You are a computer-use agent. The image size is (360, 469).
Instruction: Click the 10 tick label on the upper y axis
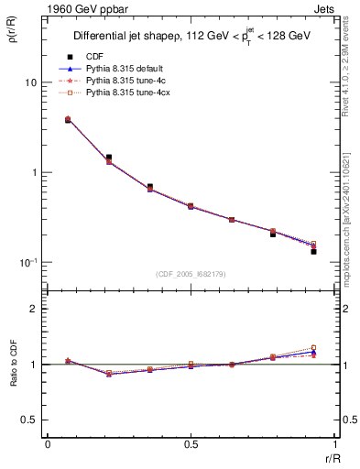tap(30, 82)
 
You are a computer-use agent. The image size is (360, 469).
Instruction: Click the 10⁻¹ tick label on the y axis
tap(27, 262)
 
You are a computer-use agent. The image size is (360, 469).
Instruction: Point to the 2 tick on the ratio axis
tap(33, 309)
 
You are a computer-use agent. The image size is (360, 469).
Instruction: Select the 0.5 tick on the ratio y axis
tap(28, 420)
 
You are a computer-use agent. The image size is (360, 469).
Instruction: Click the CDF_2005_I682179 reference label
tap(191, 275)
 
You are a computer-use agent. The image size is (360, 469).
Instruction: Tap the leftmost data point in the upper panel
tap(68, 120)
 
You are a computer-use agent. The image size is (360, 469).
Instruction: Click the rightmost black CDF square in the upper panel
tap(313, 251)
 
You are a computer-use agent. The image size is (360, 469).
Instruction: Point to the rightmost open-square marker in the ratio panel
tap(313, 348)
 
